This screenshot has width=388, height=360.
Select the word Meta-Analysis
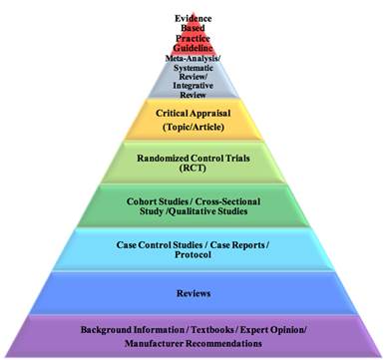[194, 59]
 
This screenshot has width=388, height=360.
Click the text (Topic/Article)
[194, 130]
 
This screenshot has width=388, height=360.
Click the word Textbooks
[195, 330]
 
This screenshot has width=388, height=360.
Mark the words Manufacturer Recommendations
[194, 343]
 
